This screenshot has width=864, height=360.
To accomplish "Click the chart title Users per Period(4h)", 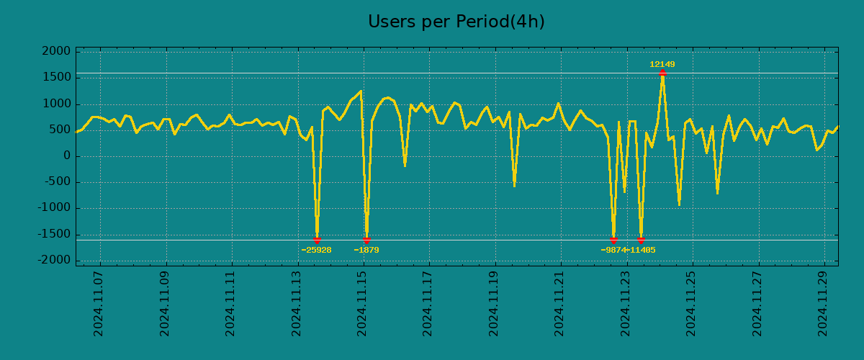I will click(x=456, y=22).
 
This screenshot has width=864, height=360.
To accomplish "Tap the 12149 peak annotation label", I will click(x=662, y=64).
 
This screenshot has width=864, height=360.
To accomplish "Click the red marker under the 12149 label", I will click(x=662, y=73).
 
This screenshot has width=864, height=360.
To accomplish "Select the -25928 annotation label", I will click(x=317, y=250).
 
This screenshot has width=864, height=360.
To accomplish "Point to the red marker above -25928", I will click(x=317, y=240).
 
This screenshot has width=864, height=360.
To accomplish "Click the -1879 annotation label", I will click(x=366, y=250).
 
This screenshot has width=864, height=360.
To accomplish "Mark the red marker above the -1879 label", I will click(x=366, y=240).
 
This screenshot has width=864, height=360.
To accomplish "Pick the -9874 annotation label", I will click(x=613, y=250).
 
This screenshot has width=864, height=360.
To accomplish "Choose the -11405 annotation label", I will click(x=641, y=250).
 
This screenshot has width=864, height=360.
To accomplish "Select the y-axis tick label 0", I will click(x=66, y=156).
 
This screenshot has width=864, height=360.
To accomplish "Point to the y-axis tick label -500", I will click(x=57, y=182).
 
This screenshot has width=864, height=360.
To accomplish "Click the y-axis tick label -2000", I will click(x=55, y=260).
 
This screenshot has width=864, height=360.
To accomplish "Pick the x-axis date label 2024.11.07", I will click(x=99, y=304).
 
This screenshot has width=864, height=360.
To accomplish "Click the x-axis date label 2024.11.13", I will click(x=297, y=304).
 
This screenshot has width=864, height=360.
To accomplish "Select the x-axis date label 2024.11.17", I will click(x=428, y=304).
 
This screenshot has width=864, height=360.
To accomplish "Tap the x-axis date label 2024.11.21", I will click(x=560, y=304).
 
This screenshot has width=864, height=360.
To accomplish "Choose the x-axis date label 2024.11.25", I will click(x=692, y=304).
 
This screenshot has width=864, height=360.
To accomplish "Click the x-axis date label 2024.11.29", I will click(x=824, y=304).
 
